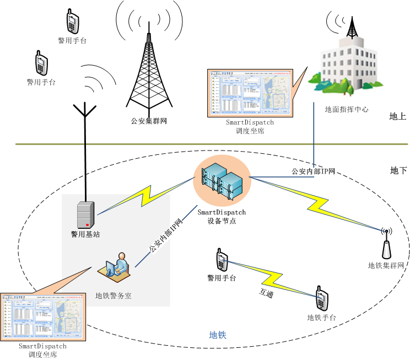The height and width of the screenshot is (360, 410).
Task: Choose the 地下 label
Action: coord(398,170)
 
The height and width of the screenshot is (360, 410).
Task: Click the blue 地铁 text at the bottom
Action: coord(218,335)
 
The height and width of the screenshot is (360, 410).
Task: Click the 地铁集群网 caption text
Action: coord(386,266)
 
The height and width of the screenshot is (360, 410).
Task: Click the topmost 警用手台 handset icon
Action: coord(72,21)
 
